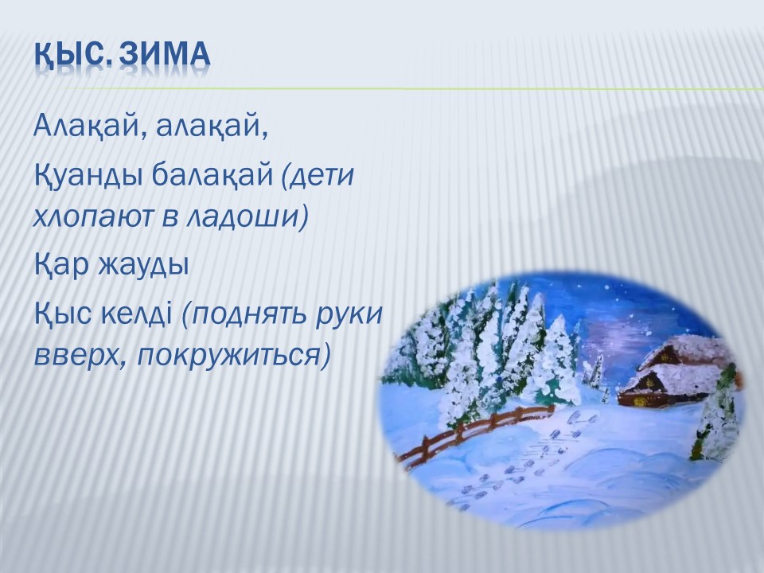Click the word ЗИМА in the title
click(164, 53)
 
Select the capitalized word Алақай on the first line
click(89, 127)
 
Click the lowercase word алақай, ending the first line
click(212, 127)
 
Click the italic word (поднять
click(244, 315)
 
